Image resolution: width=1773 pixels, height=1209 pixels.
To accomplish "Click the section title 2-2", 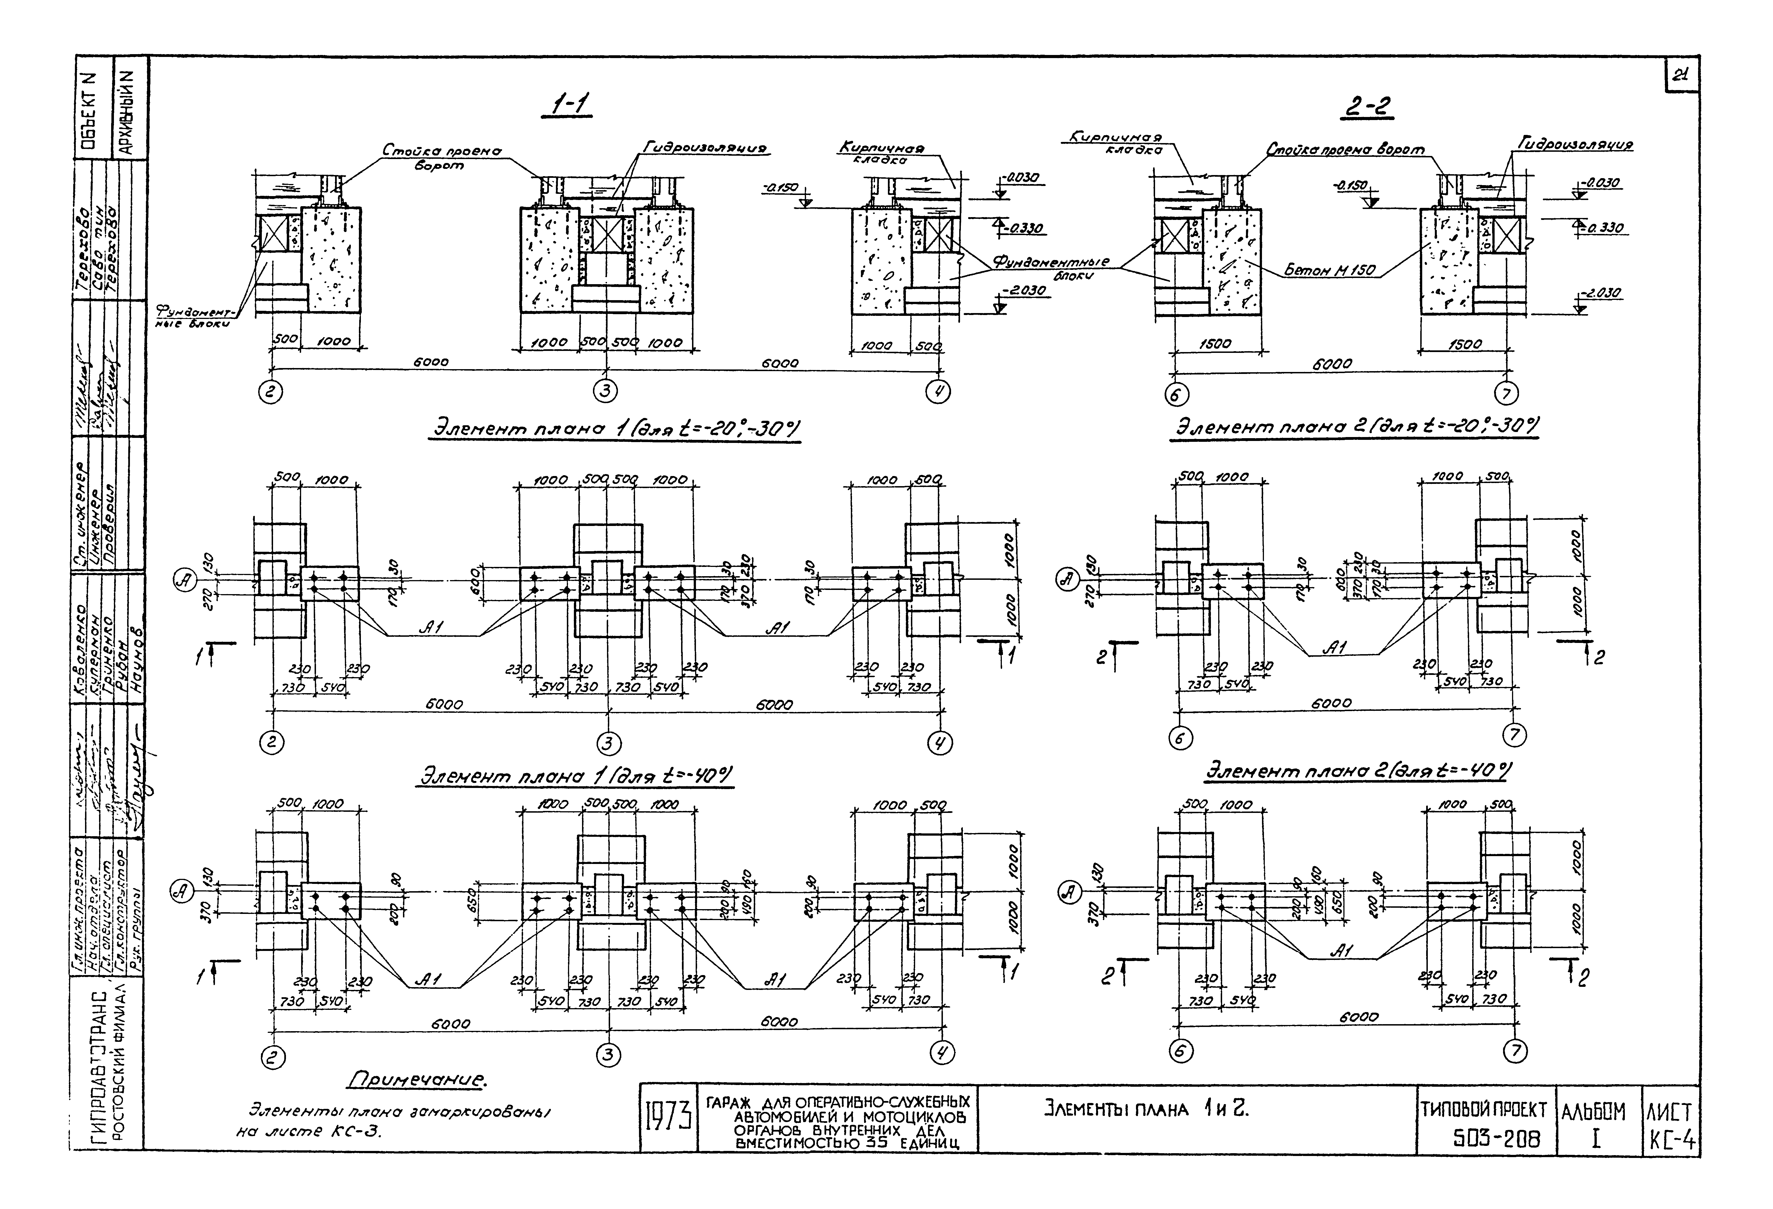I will [1368, 109].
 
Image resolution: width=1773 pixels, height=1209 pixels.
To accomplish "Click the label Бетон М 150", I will [1330, 270].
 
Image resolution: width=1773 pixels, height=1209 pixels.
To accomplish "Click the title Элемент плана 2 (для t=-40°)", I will [1358, 771].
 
